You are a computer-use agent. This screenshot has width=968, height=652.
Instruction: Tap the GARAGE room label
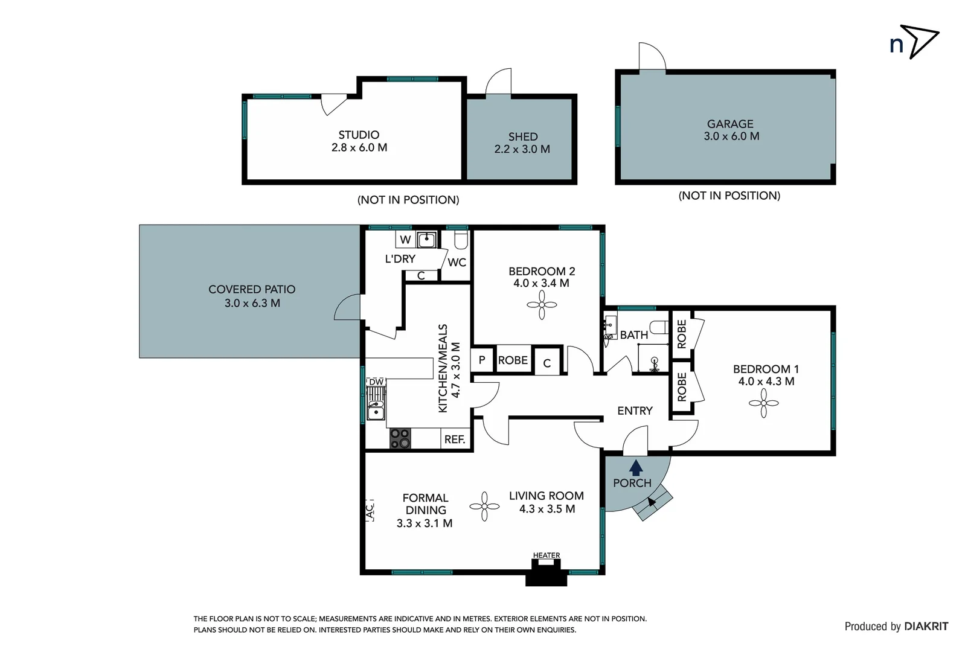tap(730, 124)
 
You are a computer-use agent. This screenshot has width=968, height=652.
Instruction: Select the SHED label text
tap(522, 137)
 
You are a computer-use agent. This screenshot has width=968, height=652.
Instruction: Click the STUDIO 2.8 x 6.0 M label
tap(359, 141)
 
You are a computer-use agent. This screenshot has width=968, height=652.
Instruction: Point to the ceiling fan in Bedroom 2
tap(541, 305)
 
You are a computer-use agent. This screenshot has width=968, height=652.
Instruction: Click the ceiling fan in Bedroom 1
tap(763, 403)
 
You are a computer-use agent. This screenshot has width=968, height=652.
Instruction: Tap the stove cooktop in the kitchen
tap(399, 438)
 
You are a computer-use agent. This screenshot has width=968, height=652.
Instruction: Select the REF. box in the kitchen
tap(455, 439)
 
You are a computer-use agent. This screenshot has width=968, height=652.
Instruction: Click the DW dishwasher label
tap(376, 382)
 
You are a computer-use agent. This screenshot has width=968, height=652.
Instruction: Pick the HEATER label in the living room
tap(546, 555)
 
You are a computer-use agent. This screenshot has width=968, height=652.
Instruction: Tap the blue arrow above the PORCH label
tap(635, 467)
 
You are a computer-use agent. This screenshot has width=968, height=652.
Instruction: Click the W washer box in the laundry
tap(405, 240)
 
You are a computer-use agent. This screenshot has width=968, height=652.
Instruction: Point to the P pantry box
tap(482, 360)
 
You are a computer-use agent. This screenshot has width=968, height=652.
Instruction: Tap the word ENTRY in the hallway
tap(635, 411)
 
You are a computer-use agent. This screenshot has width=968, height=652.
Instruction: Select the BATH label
tap(633, 335)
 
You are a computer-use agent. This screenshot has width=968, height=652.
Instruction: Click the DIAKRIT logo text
tap(926, 627)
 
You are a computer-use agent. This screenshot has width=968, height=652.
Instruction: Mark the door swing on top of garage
tap(652, 57)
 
